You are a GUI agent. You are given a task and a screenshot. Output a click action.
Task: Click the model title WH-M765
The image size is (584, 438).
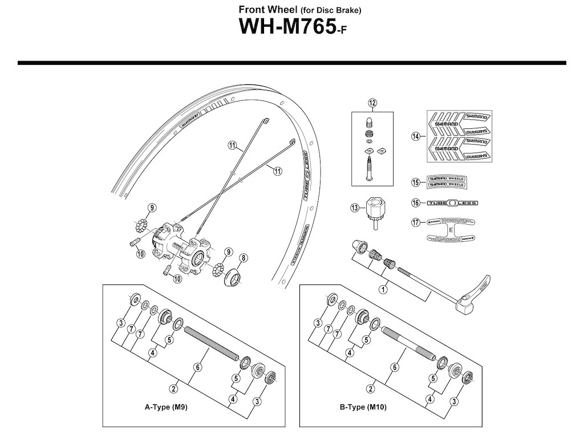pyautogui.click(x=285, y=29)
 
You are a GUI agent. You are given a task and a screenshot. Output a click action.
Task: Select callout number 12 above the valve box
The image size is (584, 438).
pyautogui.click(x=373, y=103)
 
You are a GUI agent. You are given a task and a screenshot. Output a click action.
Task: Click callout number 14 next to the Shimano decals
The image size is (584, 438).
pyautogui.click(x=416, y=136)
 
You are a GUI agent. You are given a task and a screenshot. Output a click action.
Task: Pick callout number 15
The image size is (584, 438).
pyautogui.click(x=416, y=182)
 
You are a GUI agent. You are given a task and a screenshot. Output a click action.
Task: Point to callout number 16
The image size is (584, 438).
pyautogui.click(x=416, y=202)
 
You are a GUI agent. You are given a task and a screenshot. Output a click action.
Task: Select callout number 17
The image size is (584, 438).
pyautogui.click(x=416, y=222)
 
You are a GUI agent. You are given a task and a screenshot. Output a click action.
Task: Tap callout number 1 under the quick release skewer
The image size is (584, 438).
pyautogui.click(x=383, y=290)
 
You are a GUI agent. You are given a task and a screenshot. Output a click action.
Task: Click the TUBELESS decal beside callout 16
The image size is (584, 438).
pyautogui.click(x=452, y=202)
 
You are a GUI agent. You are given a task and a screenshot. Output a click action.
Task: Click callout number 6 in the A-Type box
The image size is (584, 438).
pyautogui.click(x=197, y=368)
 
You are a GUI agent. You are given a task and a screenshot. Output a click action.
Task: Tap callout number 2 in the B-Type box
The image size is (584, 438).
pyautogui.click(x=371, y=389)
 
